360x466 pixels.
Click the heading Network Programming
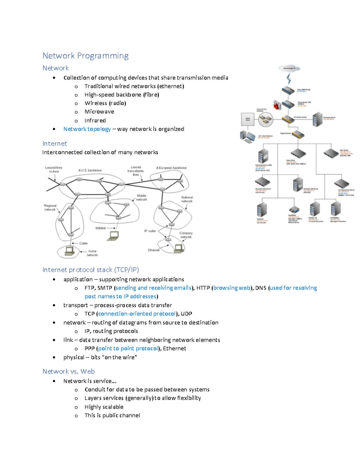(x=85, y=56)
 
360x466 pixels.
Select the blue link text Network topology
(x=87, y=129)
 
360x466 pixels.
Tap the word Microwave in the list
(x=99, y=112)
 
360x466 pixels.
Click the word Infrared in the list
(x=95, y=120)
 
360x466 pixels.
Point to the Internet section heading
(x=55, y=143)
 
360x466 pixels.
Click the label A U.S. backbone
(x=90, y=170)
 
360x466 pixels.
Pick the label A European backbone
(x=171, y=168)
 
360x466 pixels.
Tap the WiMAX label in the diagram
(x=100, y=228)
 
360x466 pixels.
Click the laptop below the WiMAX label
(x=113, y=236)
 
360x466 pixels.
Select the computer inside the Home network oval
(x=70, y=251)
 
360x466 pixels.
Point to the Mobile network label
(x=141, y=197)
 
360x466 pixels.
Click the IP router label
(x=150, y=231)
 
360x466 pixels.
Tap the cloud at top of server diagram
(x=289, y=68)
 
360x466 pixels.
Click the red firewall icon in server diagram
(x=277, y=105)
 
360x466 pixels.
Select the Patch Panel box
(x=248, y=119)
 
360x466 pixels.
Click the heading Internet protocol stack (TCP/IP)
(x=91, y=270)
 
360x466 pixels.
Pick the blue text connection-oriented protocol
(x=137, y=314)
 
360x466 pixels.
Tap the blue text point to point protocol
(x=128, y=348)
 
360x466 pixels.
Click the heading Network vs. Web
(x=69, y=371)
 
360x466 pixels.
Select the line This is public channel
(x=112, y=415)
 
